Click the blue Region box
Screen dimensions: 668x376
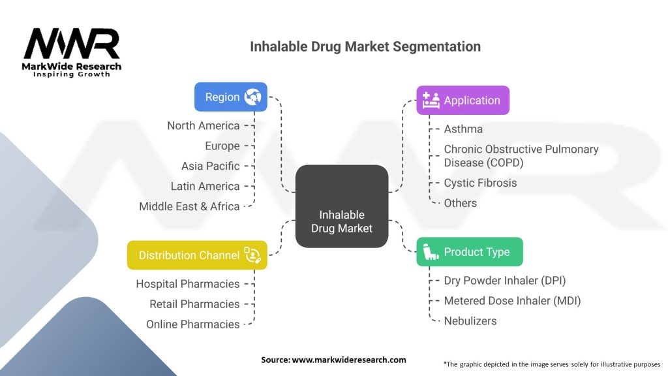231,97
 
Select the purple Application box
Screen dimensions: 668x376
463,100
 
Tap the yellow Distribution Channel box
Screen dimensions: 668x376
197,255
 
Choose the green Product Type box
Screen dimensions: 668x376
470,252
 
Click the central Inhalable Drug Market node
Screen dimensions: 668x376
342,206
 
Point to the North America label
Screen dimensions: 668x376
204,126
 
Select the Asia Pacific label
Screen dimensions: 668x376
211,166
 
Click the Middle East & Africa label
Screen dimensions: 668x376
189,206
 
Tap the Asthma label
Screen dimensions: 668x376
463,129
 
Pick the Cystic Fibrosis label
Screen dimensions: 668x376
480,183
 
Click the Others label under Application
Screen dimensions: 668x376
460,203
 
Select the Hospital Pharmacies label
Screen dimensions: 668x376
187,284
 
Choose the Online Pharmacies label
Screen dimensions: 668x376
192,324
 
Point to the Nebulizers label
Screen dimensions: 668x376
470,321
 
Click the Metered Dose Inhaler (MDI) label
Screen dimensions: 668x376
512,301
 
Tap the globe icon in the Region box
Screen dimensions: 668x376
252,97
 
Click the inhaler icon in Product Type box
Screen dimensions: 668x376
431,252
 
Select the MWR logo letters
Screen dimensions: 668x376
72,44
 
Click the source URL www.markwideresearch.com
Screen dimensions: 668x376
349,360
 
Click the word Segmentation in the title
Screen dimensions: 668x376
436,46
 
